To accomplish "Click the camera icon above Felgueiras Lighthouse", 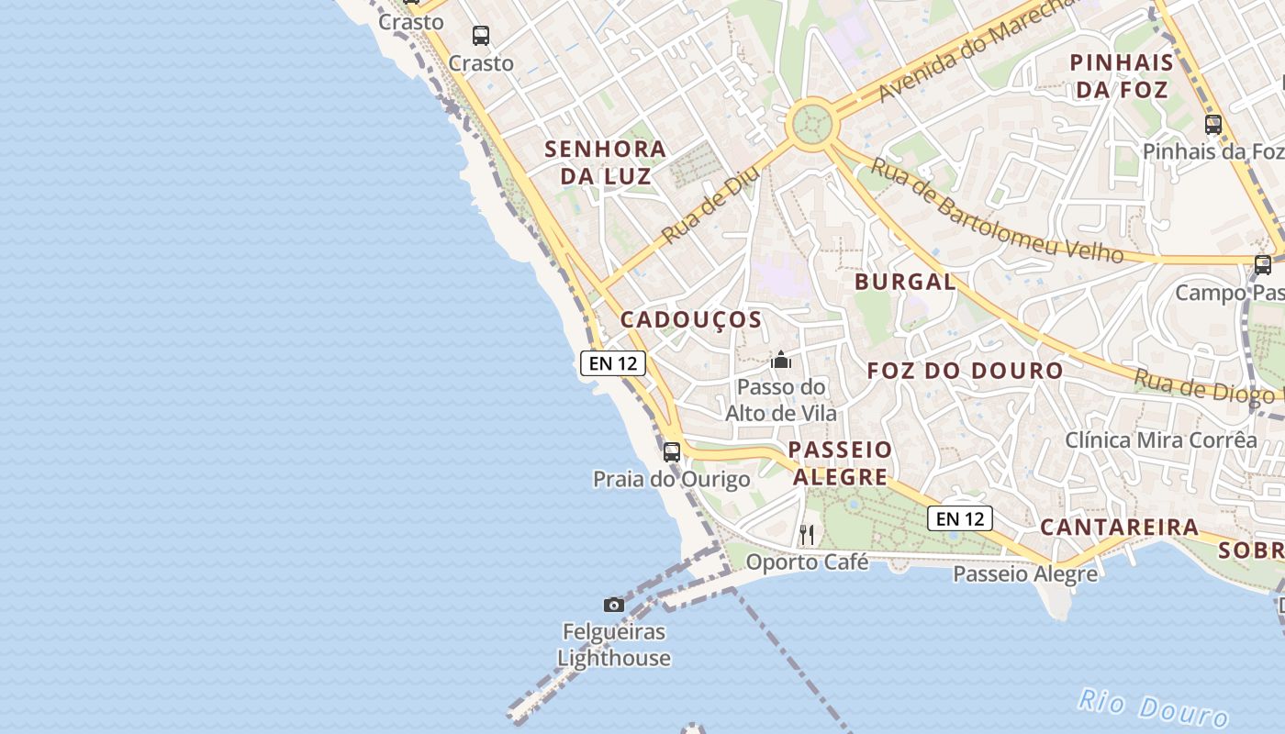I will [x=614, y=605].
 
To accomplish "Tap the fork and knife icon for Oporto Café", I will [x=807, y=534].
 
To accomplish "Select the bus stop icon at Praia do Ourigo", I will [x=672, y=451].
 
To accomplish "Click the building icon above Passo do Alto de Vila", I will [x=781, y=360].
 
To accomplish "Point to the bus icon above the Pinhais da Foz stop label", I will [x=1213, y=125].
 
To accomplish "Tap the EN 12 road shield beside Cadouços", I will [x=613, y=363].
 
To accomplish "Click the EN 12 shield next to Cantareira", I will [x=960, y=519].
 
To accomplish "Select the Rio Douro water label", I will [x=1153, y=706].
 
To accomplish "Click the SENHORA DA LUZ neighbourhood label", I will [x=606, y=162].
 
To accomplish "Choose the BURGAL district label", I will [x=905, y=282].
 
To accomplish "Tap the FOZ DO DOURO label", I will [x=966, y=372].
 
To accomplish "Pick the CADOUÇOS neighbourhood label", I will [x=691, y=320].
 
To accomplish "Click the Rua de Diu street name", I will [x=710, y=205].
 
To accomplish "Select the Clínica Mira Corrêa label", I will [x=1161, y=440].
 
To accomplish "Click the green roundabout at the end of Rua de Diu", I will [x=811, y=124].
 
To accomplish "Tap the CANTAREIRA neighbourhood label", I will [x=1119, y=528].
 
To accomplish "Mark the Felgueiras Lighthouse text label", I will [x=614, y=645].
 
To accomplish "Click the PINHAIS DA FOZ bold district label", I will [x=1122, y=76].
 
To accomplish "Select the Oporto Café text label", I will [x=807, y=562].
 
